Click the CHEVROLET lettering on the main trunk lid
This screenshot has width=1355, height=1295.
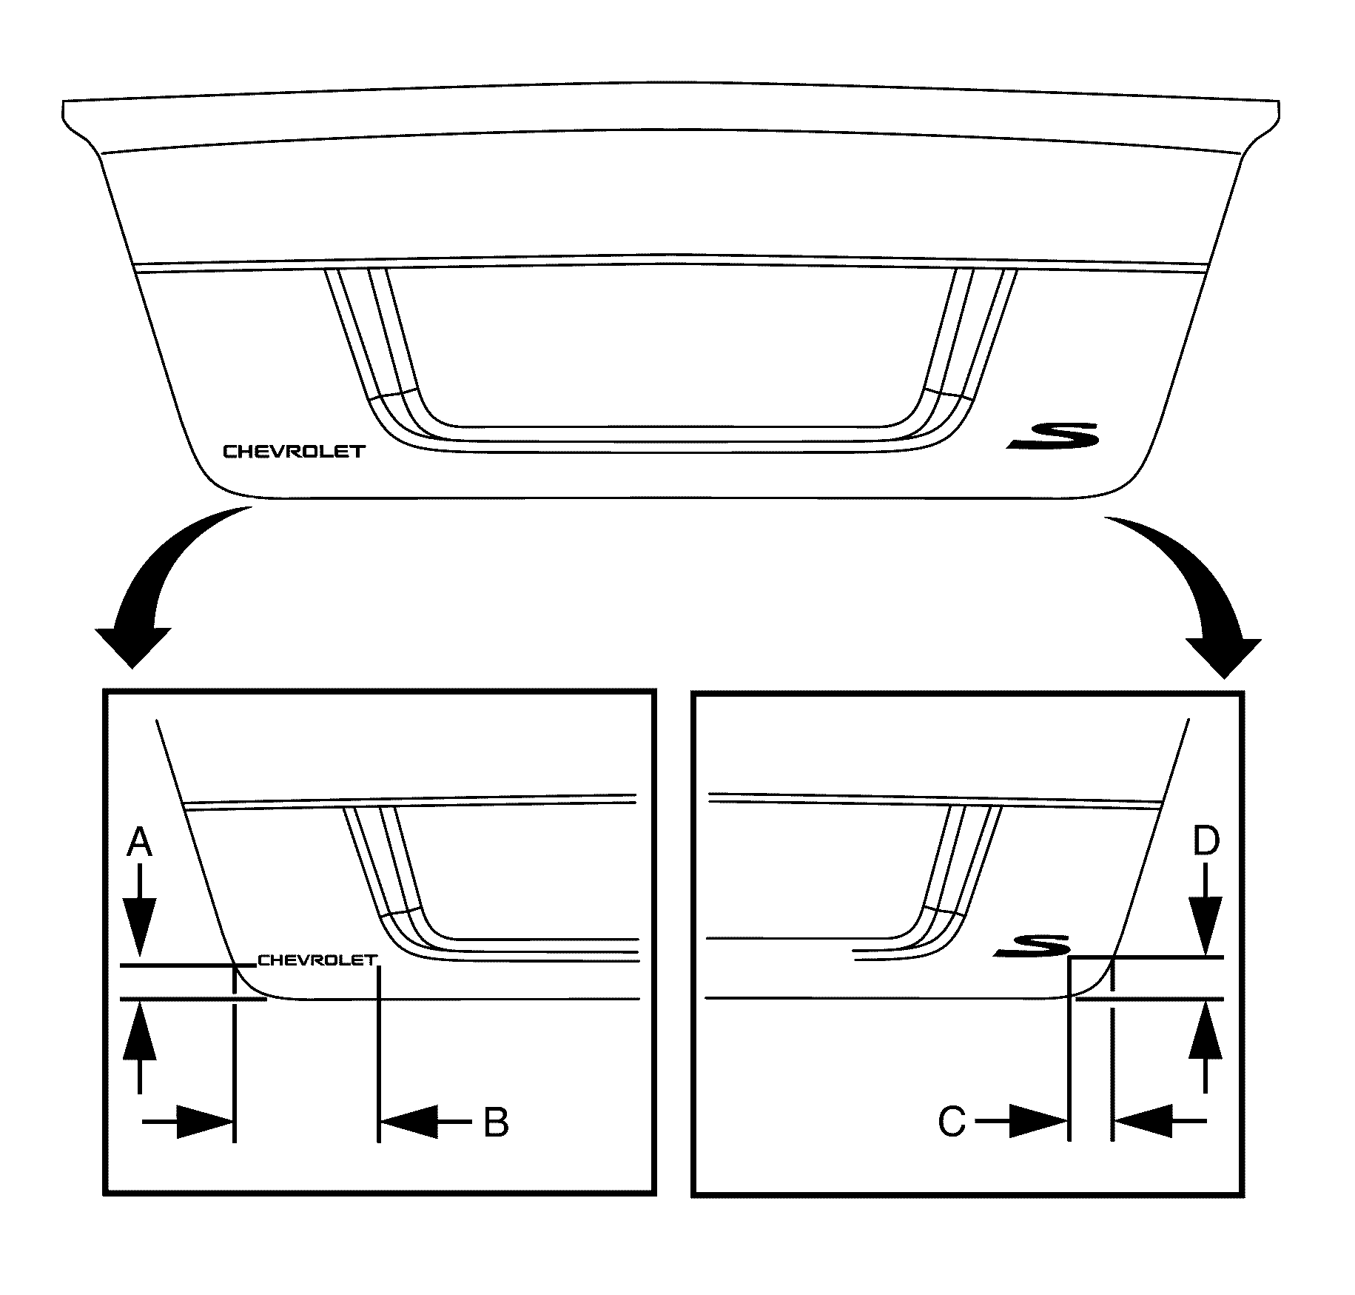pos(295,451)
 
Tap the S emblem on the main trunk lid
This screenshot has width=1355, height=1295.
pos(1053,435)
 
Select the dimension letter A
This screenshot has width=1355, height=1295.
pos(139,843)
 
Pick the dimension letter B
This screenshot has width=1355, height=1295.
pos(496,1122)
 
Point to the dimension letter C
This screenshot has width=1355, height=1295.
pos(952,1122)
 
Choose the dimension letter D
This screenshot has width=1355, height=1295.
pos(1206,843)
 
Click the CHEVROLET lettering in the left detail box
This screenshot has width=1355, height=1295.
pos(317,960)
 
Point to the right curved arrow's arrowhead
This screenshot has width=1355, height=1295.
pos(1223,656)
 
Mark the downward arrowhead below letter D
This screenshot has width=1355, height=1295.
pos(1206,926)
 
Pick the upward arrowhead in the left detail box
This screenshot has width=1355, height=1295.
pos(139,1033)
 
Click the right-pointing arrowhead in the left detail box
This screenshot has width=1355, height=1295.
pos(204,1122)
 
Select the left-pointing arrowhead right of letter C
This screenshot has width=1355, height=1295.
pos(1143,1122)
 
